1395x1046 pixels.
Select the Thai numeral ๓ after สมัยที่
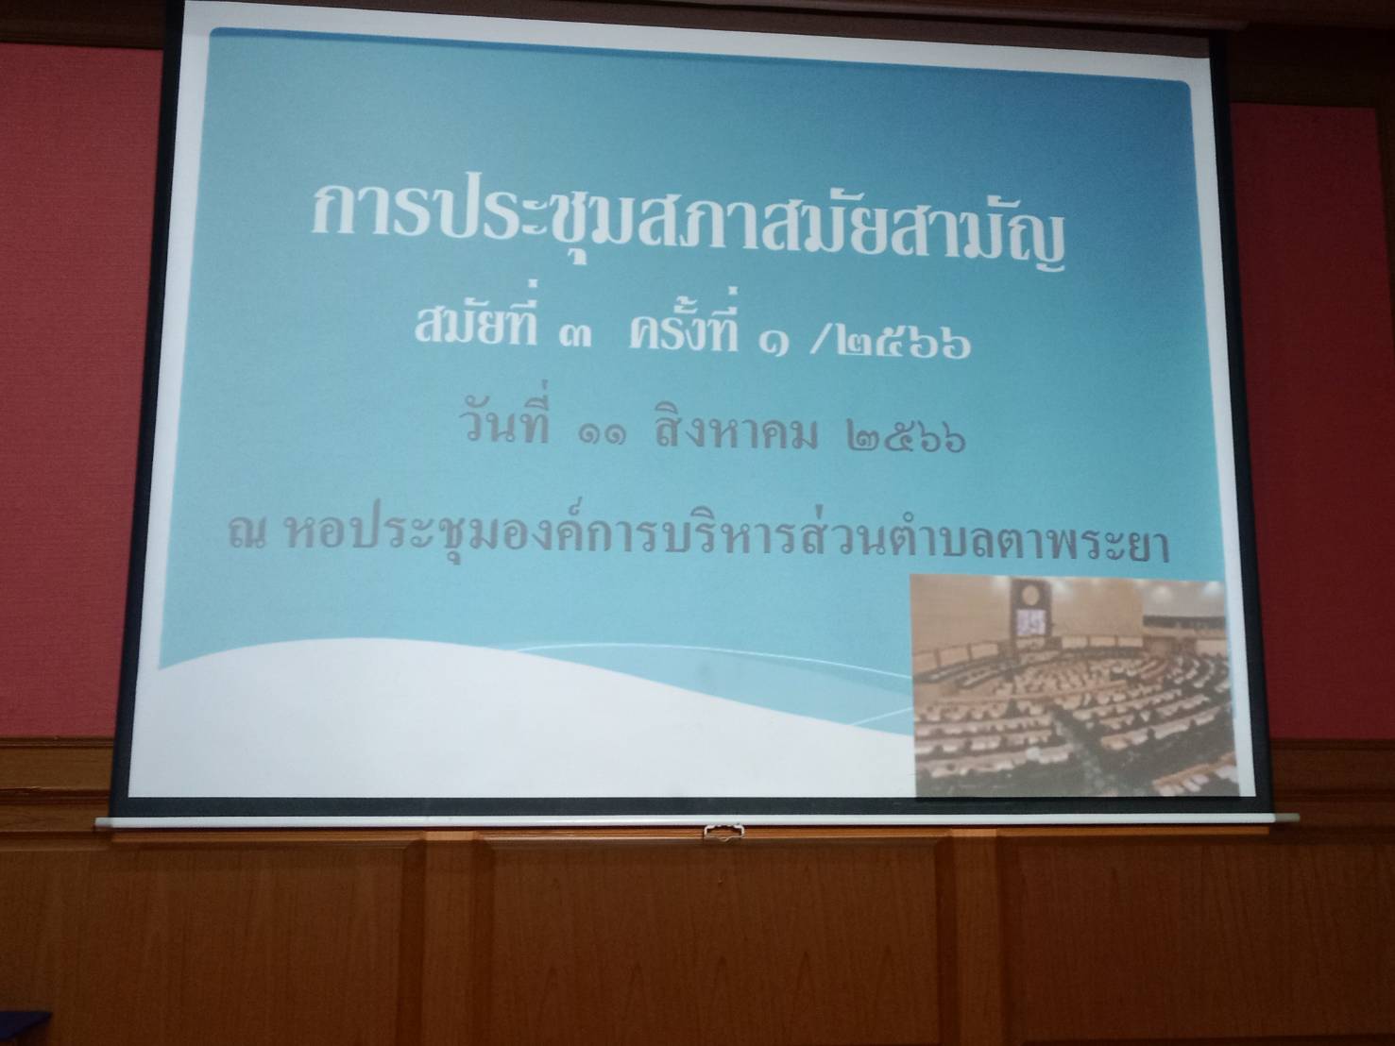tap(575, 337)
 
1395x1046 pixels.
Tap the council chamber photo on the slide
tap(1074, 686)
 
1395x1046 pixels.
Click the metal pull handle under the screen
tap(723, 831)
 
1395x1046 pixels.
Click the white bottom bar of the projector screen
tap(683, 821)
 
